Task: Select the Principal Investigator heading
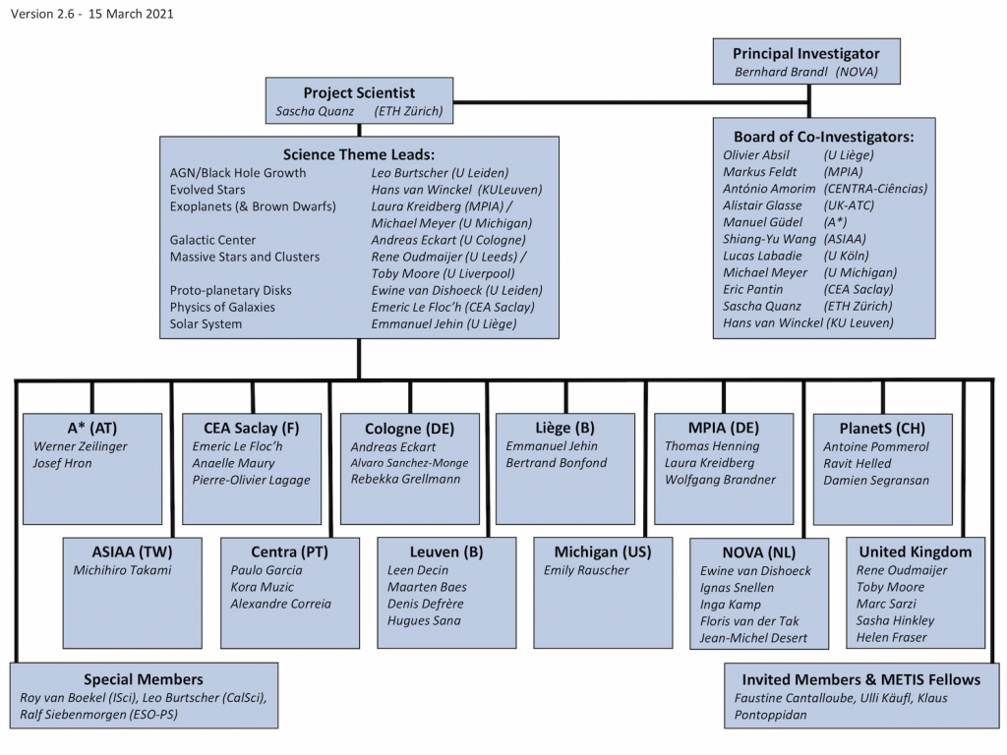point(805,54)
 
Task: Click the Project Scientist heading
point(359,93)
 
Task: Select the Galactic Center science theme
point(212,240)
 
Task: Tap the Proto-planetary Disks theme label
point(230,290)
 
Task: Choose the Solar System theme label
point(206,323)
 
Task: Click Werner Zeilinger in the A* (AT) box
point(81,446)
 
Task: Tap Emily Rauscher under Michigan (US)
point(588,570)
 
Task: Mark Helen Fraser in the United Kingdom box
point(891,637)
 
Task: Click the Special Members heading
point(144,679)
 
